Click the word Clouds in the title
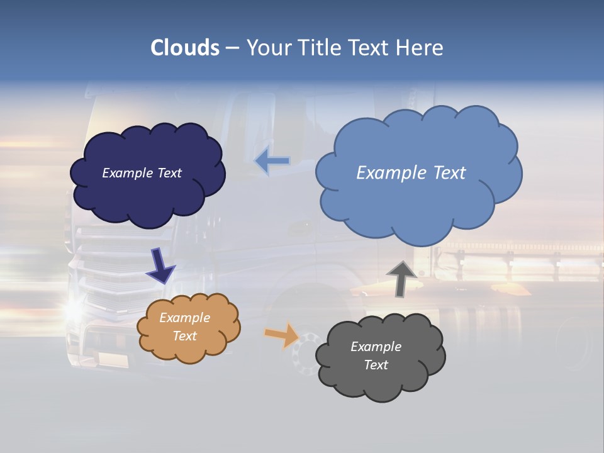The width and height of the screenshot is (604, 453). (185, 48)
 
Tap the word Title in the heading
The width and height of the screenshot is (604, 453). (318, 48)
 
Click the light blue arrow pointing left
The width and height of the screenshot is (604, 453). (272, 162)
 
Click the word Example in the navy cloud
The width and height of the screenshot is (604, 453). (126, 173)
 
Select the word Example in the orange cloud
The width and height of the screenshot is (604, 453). (184, 318)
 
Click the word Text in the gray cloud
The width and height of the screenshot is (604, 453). (376, 365)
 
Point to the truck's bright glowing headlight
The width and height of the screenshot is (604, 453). (75, 308)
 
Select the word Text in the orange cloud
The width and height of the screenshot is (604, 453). (184, 336)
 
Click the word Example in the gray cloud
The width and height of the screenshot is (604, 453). (376, 347)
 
